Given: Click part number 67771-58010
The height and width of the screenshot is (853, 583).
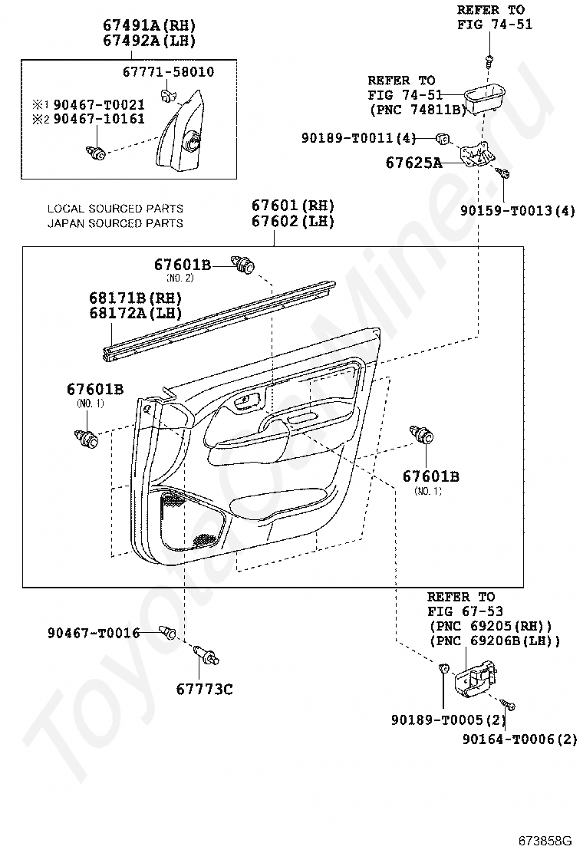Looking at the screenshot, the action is (168, 72).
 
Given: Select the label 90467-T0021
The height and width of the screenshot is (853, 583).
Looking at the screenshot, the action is (99, 104).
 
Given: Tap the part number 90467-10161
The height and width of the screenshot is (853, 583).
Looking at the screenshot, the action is (99, 119).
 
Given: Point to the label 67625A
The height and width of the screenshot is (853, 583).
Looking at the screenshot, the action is (414, 163).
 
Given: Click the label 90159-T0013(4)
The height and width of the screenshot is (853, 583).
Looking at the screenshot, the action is (517, 210).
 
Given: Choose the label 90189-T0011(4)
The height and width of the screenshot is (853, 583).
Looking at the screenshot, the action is (359, 138).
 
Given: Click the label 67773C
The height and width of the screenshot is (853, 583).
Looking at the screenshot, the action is (205, 690).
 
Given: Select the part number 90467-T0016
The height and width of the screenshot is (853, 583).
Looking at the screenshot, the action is (94, 633).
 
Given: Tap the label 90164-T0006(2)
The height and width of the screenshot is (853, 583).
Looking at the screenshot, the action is (520, 739).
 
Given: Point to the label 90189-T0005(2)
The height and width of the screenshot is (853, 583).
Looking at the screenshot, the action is (448, 720).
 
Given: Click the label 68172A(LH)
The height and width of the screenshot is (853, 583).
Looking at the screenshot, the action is (136, 313).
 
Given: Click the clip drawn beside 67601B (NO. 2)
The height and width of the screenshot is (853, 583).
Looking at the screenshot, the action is (243, 264).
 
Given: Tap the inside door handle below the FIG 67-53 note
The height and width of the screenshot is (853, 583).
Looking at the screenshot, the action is (476, 678).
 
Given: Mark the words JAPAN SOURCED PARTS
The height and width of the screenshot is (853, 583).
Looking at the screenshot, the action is (115, 223).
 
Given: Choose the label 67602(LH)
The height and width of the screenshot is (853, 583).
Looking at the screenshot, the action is (292, 222).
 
